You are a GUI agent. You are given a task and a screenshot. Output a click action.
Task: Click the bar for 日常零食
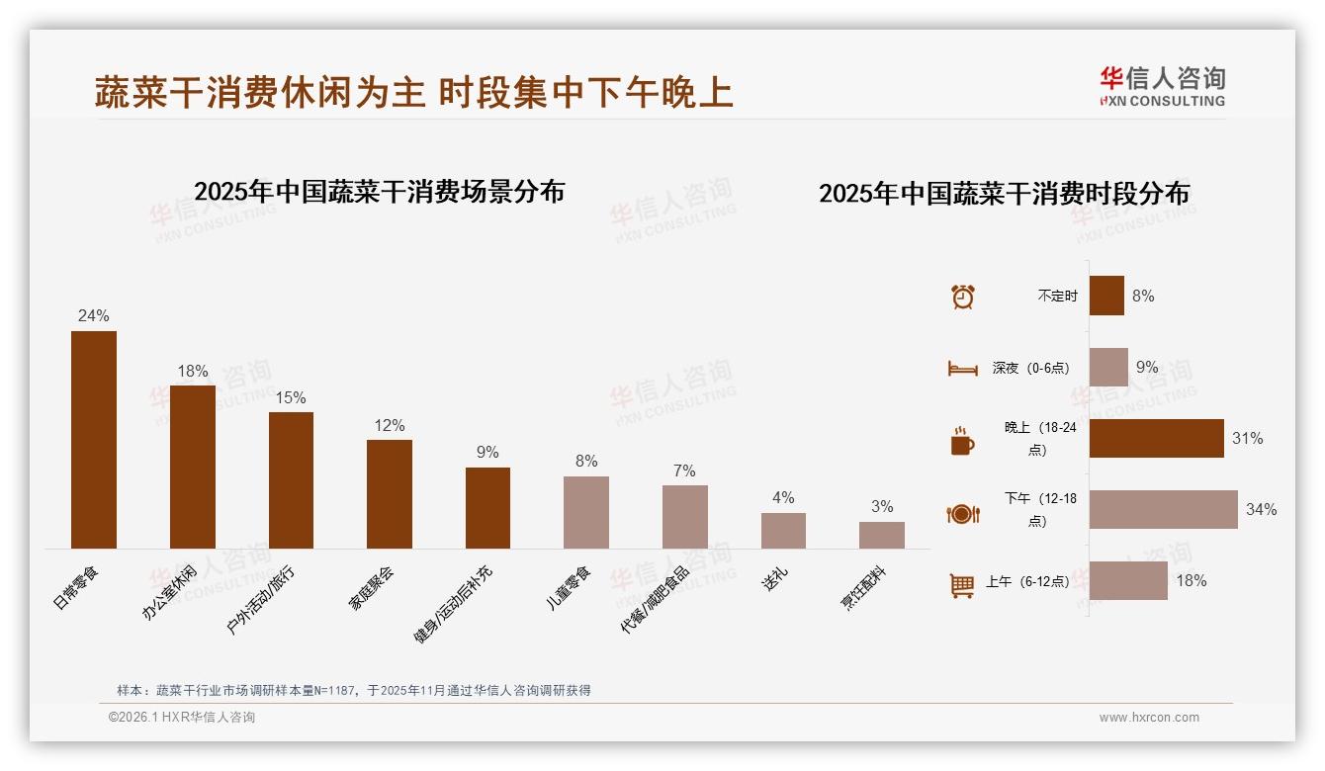pyautogui.click(x=94, y=440)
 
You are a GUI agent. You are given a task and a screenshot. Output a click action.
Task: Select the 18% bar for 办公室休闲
pyautogui.click(x=193, y=467)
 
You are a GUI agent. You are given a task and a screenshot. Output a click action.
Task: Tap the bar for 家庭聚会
pyautogui.click(x=390, y=494)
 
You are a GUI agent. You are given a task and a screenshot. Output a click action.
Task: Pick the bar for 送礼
pyautogui.click(x=783, y=531)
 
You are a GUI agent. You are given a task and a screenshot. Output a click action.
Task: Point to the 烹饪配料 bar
pyautogui.click(x=882, y=535)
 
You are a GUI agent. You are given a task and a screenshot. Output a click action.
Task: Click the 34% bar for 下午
pyautogui.click(x=1163, y=509)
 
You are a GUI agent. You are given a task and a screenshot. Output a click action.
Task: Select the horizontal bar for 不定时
pyautogui.click(x=1106, y=296)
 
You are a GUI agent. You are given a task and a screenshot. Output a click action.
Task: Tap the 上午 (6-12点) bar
pyautogui.click(x=1128, y=580)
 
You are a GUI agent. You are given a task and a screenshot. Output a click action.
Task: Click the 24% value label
pyautogui.click(x=94, y=316)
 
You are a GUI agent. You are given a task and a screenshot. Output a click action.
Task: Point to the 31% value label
pyautogui.click(x=1247, y=438)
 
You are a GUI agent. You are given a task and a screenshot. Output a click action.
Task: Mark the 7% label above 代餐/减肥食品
pyautogui.click(x=684, y=471)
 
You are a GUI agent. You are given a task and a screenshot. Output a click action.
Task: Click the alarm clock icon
pyautogui.click(x=963, y=296)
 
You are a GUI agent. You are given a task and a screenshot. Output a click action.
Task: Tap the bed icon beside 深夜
pyautogui.click(x=963, y=368)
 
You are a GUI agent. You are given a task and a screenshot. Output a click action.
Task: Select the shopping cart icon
pyautogui.click(x=963, y=585)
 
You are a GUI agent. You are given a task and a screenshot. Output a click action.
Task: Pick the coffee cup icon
pyautogui.click(x=963, y=441)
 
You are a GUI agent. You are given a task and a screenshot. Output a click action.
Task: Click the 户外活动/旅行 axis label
pyautogui.click(x=261, y=599)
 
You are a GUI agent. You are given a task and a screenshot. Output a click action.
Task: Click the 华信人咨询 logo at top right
pyautogui.click(x=1162, y=86)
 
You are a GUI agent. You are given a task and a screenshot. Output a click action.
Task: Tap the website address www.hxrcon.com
pyautogui.click(x=1149, y=718)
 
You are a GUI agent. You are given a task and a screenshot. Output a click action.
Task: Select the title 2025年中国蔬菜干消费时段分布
pyautogui.click(x=1004, y=194)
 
